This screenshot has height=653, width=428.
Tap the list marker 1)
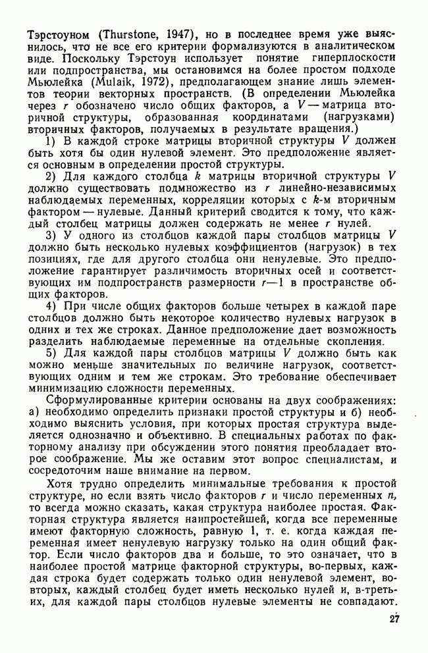[x=50, y=141]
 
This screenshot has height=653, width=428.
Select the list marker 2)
[x=50, y=176]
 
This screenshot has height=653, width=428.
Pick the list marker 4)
[x=50, y=306]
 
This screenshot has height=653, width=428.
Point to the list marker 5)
[x=50, y=353]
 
